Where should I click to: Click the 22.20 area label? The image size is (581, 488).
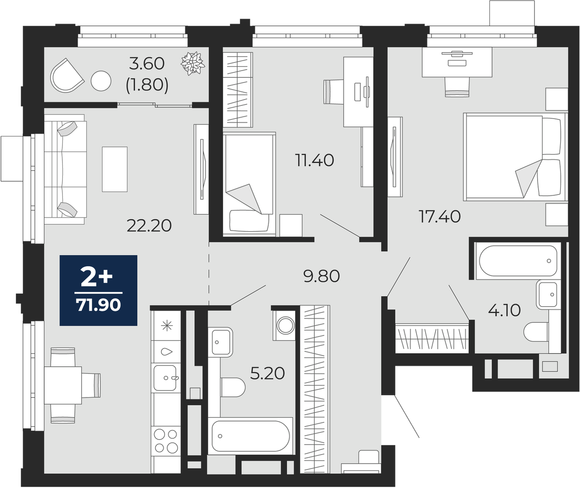[x=149, y=226]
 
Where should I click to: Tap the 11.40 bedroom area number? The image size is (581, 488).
[x=315, y=161]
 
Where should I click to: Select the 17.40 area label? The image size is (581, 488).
[x=440, y=217]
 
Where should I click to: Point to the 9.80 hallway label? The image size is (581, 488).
[x=322, y=276]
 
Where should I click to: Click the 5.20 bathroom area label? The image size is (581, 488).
[x=267, y=374]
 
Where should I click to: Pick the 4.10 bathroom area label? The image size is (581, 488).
[x=504, y=311]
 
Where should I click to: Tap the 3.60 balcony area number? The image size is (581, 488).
[x=147, y=64]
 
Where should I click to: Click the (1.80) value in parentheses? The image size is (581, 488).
[x=147, y=85]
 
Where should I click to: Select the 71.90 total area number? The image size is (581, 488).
[x=98, y=305]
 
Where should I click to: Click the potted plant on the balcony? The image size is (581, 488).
[x=193, y=63]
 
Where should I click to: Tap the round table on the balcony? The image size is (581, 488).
[x=101, y=81]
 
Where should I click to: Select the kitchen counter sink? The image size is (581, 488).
[x=165, y=378]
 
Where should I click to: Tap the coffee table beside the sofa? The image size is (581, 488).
[x=115, y=169]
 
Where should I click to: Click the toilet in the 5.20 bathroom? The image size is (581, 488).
[x=233, y=387]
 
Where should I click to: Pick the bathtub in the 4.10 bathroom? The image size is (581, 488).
[x=518, y=261]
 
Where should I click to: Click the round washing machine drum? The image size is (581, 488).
[x=286, y=326]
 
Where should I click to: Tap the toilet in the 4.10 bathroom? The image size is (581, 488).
[x=536, y=332]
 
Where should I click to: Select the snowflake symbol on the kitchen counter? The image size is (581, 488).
[x=167, y=326]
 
